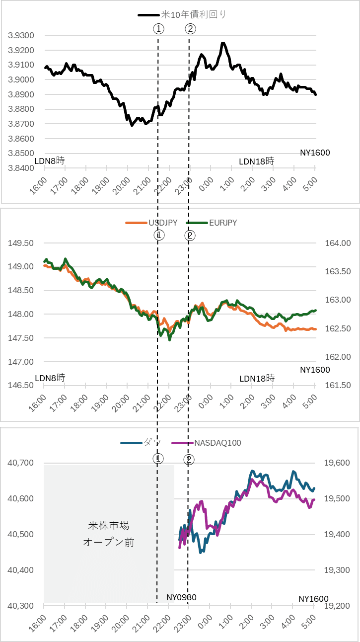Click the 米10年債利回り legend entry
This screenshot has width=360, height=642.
182,14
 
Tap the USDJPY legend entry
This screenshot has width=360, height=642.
151,223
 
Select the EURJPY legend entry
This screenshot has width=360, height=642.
212,223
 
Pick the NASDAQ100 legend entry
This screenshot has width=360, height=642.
207,443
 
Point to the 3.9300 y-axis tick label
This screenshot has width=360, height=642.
21,36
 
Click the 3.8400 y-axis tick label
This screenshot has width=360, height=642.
21,168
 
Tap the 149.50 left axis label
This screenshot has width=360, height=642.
21,243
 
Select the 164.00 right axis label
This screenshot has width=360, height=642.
338,243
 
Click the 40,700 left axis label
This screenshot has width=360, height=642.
21,463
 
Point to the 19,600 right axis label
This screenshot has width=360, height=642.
337,463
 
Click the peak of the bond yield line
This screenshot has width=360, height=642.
223,43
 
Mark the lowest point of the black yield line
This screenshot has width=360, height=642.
132,125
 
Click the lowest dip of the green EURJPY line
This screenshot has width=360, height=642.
170,340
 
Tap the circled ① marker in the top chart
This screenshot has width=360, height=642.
159,29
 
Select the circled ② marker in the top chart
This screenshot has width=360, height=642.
191,29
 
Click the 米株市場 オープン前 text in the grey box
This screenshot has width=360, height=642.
109,534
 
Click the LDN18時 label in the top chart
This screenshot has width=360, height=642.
257,161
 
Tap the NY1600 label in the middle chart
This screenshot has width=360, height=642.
315,370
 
